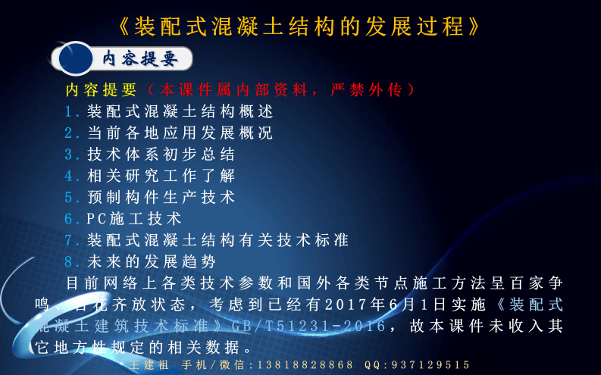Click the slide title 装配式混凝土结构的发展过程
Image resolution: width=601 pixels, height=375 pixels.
pyautogui.click(x=300, y=27)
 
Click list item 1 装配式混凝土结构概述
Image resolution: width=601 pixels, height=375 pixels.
pyautogui.click(x=179, y=111)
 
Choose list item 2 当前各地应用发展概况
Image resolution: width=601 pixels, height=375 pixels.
pyautogui.click(x=179, y=133)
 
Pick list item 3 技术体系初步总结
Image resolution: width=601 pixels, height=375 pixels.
pyautogui.click(x=160, y=154)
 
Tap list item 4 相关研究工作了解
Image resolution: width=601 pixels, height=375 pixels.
pyautogui.click(x=160, y=175)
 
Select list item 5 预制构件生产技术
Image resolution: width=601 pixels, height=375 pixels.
pyautogui.click(x=160, y=197)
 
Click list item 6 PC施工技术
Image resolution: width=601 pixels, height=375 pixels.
pyautogui.click(x=133, y=219)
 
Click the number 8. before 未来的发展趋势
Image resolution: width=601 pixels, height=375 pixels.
pyautogui.click(x=73, y=261)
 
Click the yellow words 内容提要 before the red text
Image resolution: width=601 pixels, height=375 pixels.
pyautogui.click(x=101, y=89)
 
